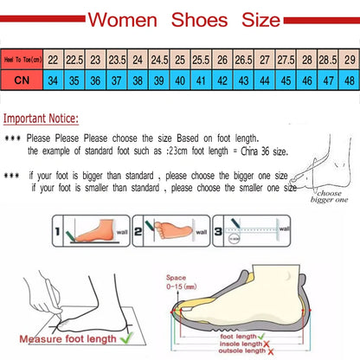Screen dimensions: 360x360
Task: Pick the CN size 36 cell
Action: [x=94, y=80]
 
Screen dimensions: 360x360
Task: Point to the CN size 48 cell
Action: [x=349, y=80]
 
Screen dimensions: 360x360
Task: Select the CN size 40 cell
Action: [x=179, y=80]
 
